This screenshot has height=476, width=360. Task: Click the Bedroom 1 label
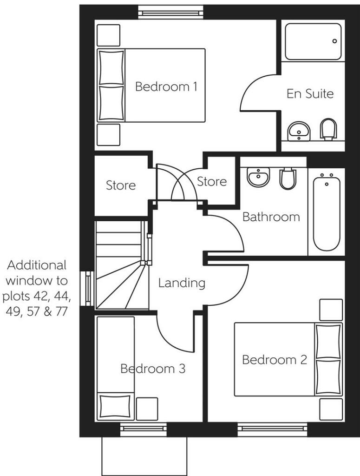coord(166,86)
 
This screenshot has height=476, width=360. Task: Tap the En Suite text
coord(310,93)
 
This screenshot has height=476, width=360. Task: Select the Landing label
coord(182,283)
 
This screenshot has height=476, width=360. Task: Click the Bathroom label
coord(271,217)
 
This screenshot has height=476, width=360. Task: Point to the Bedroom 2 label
coord(275,360)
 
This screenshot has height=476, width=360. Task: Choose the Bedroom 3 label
coord(153,369)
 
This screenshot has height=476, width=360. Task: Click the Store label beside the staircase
coord(121,185)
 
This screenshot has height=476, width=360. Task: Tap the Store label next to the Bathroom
coord(212,182)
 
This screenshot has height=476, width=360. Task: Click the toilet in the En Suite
coord(328,129)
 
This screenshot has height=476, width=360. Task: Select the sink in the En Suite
coord(299,131)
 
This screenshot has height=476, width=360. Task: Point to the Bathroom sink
coord(258,177)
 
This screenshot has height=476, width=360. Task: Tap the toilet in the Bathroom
coord(288,178)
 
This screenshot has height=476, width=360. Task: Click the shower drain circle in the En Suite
coord(335,41)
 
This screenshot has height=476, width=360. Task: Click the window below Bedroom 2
coord(272,428)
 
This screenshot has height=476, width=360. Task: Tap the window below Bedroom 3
coord(144,428)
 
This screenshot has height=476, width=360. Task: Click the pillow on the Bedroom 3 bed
coord(116,406)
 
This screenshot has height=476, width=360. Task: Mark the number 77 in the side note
coord(61,311)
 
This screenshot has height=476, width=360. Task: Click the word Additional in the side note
coord(37,265)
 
